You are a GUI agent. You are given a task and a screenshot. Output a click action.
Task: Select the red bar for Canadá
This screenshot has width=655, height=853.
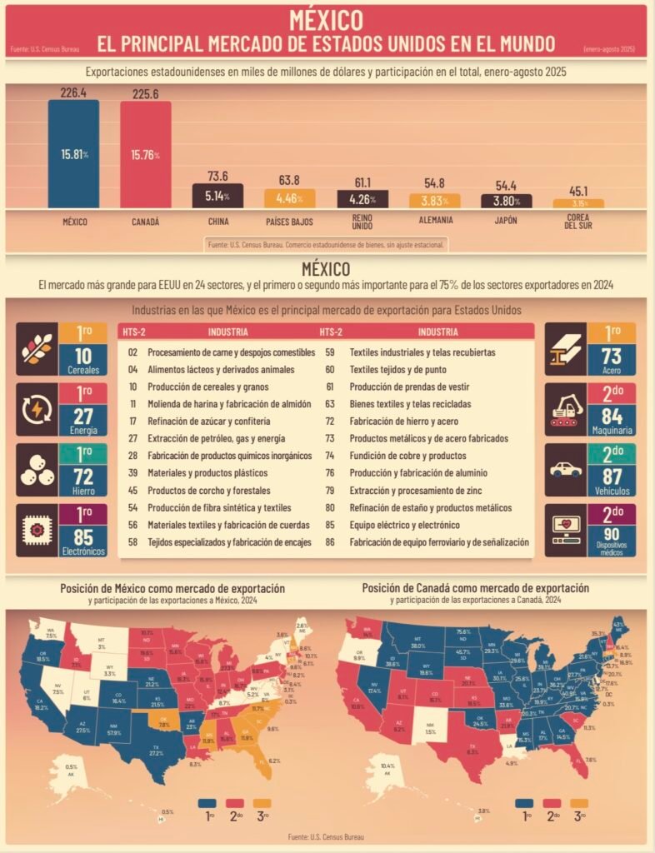pos(145,154)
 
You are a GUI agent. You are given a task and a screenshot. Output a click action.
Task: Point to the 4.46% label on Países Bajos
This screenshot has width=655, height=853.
pos(288,199)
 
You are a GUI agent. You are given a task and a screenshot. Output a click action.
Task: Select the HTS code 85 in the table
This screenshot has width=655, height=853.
pos(330,525)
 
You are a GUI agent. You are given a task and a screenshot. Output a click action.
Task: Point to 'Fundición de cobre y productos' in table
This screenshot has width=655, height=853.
pos(407,456)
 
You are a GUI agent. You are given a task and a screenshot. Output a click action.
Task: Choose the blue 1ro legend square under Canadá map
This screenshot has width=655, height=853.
pos(523,804)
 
